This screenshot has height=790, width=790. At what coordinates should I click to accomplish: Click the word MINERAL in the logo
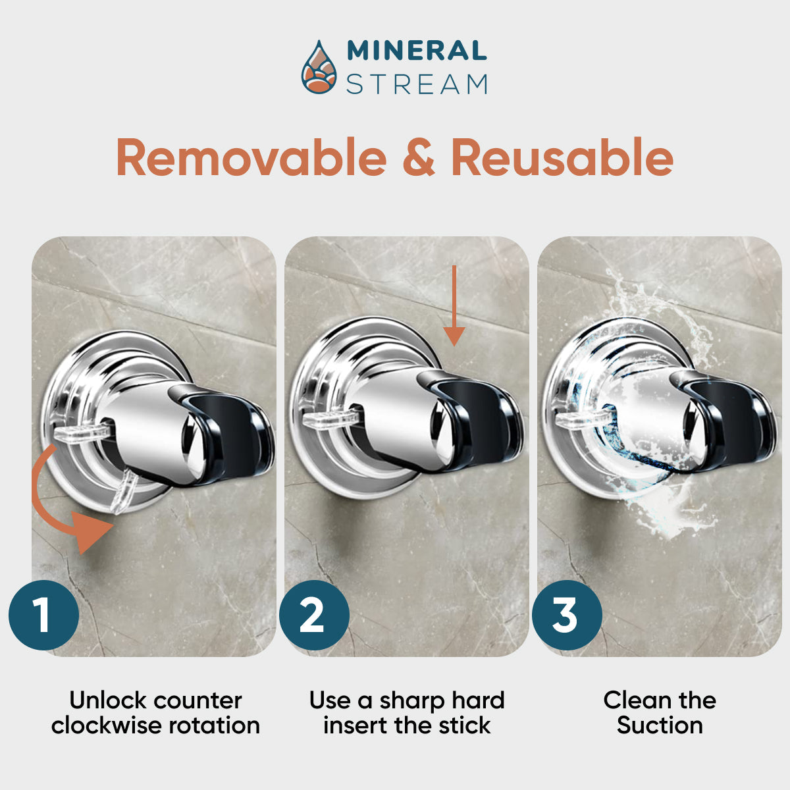[417, 51]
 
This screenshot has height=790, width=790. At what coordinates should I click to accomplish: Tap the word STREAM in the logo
[417, 84]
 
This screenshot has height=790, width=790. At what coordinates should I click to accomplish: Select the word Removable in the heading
[251, 158]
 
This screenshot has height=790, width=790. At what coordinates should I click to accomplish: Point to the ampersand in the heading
[419, 158]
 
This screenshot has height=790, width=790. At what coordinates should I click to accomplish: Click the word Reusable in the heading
[562, 158]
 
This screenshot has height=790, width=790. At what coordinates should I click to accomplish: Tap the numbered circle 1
[44, 615]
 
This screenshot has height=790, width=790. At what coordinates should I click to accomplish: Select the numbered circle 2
[314, 615]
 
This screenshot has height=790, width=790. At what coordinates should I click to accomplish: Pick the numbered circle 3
[567, 615]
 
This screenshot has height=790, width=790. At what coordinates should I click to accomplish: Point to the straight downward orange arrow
[454, 306]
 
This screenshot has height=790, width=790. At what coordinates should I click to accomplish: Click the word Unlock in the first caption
[107, 700]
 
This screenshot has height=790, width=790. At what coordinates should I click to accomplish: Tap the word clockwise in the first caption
[107, 725]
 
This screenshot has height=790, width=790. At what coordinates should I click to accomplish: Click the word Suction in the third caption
[660, 725]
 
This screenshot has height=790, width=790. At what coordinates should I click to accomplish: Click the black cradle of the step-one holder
[228, 434]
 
